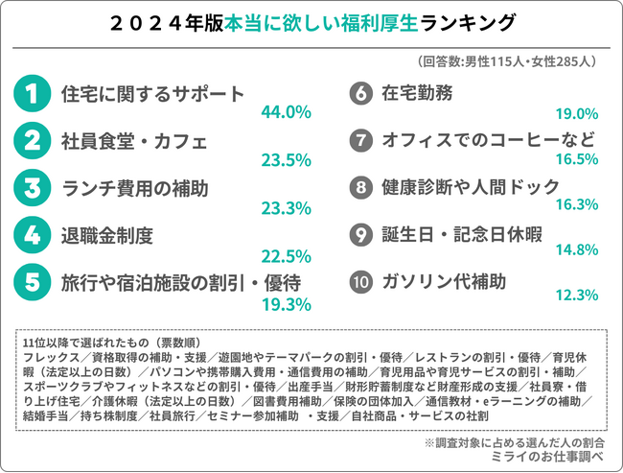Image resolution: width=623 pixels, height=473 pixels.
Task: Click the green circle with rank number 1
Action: (x=32, y=94)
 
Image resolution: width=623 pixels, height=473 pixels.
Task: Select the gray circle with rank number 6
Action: (x=360, y=94)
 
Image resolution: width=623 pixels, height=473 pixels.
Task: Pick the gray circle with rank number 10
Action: (x=360, y=283)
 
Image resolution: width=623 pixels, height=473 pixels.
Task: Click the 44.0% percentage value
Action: (x=286, y=113)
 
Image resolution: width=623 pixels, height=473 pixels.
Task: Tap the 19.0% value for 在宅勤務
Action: (x=577, y=113)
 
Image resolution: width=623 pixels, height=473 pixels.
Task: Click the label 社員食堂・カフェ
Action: (x=134, y=142)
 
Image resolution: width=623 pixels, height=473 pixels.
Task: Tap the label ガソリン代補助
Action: (x=445, y=283)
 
